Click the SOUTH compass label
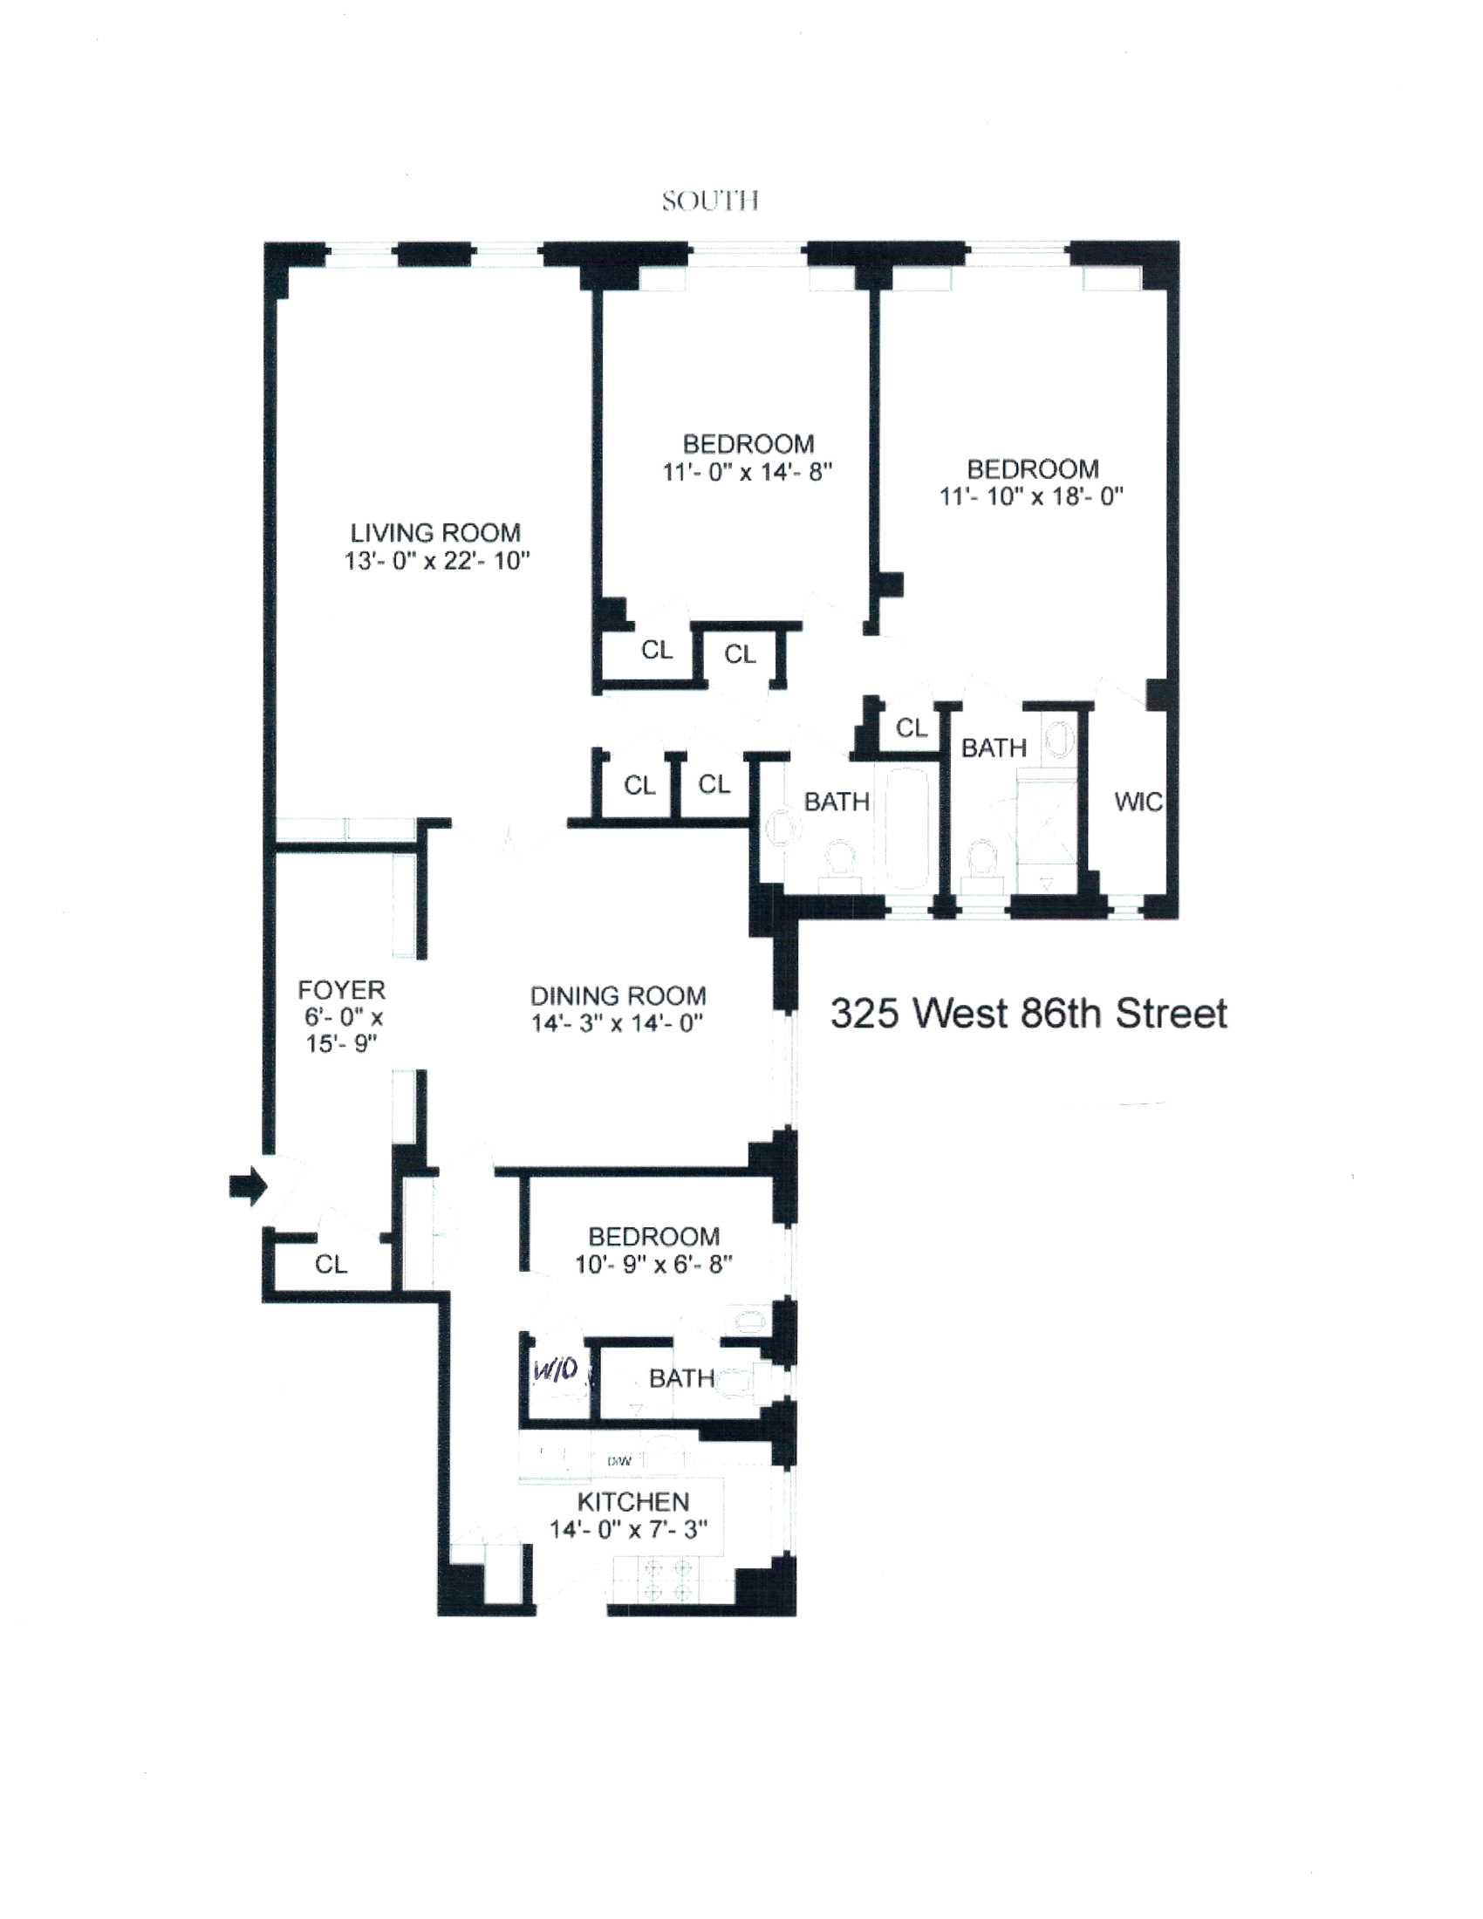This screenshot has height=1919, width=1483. [x=710, y=201]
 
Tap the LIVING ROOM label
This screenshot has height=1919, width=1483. [x=436, y=532]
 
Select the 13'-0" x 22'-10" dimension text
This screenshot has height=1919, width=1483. [x=437, y=561]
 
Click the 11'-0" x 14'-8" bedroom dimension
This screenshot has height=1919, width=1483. [x=747, y=473]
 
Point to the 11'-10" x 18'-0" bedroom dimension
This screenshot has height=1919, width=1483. [x=1032, y=497]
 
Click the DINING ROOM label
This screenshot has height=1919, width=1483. [x=618, y=995]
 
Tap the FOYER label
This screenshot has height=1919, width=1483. [x=341, y=990]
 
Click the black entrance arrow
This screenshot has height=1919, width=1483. [x=247, y=1186]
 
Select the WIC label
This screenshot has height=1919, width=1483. [x=1138, y=802]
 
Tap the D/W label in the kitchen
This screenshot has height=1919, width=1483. [x=619, y=1462]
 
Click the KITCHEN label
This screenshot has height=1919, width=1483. [x=632, y=1502]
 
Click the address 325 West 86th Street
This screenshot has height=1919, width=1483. [x=1029, y=1014]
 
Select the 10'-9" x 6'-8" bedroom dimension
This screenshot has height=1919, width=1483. [x=653, y=1265]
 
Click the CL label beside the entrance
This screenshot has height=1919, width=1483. [x=331, y=1265]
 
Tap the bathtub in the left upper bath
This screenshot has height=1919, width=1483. [x=907, y=828]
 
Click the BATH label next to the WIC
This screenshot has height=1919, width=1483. [x=994, y=748]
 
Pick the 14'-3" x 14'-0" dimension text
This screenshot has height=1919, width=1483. [x=618, y=1024]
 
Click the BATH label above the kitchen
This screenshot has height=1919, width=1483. [x=681, y=1378]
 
